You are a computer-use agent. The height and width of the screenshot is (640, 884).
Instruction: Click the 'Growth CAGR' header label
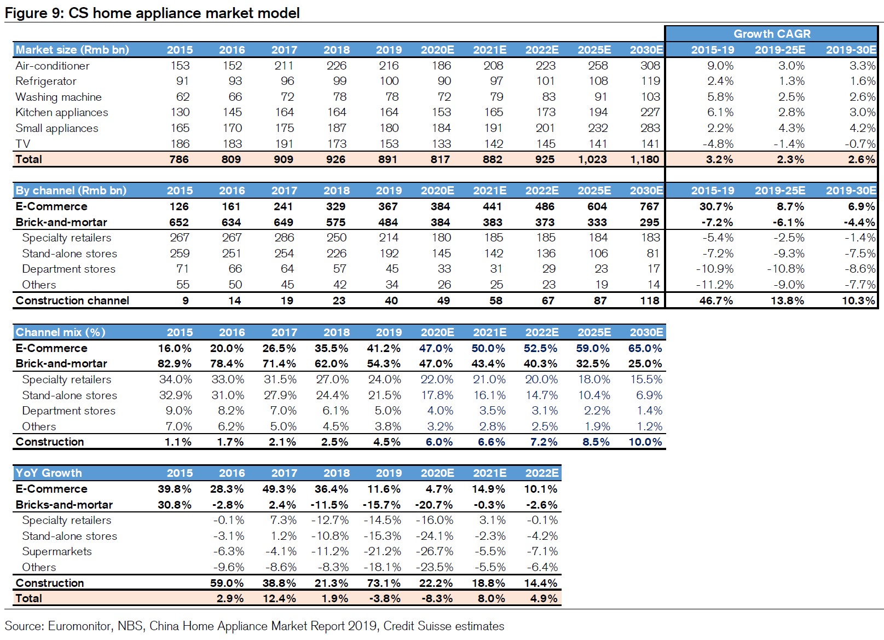tap(772, 34)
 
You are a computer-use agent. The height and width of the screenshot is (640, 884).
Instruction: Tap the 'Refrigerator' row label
tap(46, 82)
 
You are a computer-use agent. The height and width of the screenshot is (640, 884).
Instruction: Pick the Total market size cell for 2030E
tap(644, 159)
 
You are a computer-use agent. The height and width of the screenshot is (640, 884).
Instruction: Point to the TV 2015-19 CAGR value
tap(718, 144)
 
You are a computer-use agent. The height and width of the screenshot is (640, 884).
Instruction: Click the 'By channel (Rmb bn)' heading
tap(71, 191)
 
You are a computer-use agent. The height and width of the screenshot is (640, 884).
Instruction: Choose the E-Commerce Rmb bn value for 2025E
tap(597, 206)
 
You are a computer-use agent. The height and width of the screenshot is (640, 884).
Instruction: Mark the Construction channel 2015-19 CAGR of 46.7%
tap(716, 301)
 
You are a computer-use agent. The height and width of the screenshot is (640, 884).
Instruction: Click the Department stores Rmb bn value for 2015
tap(182, 269)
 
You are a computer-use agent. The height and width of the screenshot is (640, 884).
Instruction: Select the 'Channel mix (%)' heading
tap(60, 332)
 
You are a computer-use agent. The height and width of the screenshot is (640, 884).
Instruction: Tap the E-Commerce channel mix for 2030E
tap(645, 348)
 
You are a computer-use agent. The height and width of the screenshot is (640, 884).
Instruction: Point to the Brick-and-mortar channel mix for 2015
tap(175, 364)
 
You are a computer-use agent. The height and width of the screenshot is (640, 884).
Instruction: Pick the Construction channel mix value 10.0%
tap(645, 442)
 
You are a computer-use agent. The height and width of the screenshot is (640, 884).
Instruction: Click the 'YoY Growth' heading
tap(49, 473)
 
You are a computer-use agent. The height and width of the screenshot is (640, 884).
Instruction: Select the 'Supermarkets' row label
tap(57, 551)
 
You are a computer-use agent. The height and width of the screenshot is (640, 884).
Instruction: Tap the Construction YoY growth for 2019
tap(384, 583)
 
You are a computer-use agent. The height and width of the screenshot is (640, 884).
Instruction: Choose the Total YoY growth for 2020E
tap(437, 598)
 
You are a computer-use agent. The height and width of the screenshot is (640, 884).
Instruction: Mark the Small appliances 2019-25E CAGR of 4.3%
tap(791, 128)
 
